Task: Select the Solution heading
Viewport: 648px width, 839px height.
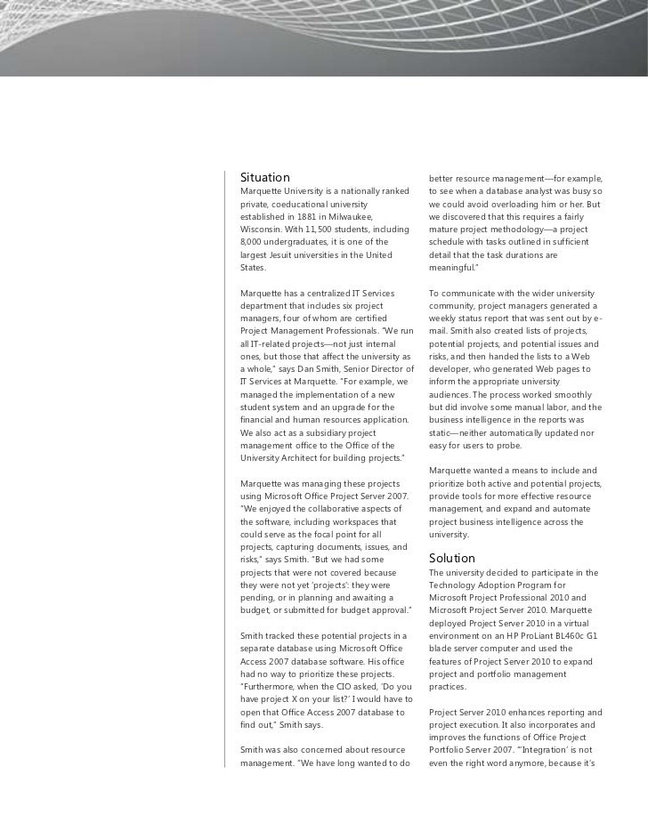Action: (452, 558)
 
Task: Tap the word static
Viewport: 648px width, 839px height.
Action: (442, 432)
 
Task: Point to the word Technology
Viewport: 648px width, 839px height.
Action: (457, 585)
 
